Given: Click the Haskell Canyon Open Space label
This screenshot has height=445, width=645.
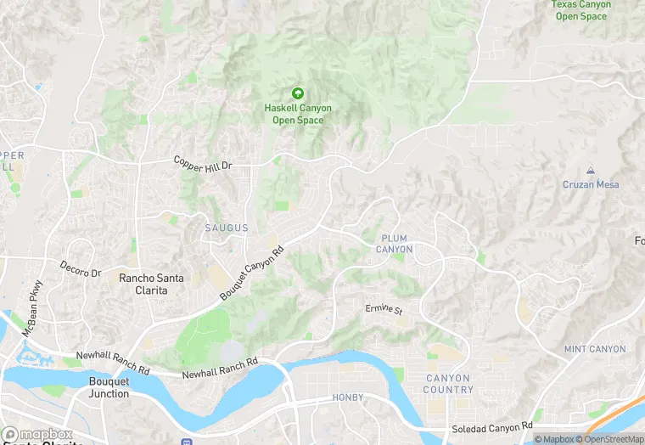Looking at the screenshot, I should pos(297,115).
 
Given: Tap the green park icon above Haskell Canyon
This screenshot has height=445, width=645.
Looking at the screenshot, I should pos(297,93).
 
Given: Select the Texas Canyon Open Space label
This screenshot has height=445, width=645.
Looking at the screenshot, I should pos(581,10).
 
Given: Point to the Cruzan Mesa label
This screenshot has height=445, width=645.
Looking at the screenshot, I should pos(591,184).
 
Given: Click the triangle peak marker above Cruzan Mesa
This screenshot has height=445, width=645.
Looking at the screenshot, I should pos(591,171).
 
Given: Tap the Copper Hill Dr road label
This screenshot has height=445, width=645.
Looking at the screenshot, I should pos(202,165).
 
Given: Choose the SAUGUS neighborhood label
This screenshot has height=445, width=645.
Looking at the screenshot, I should pos(227,228).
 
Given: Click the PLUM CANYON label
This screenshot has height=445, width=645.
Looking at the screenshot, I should pos(395,244).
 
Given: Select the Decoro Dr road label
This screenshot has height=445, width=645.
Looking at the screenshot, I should pos(81,270).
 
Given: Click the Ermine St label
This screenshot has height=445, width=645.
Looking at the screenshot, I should pos(384,310).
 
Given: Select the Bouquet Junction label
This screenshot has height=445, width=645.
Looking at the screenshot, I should pos(109,388).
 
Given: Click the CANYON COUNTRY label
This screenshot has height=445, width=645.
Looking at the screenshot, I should pos(449,384).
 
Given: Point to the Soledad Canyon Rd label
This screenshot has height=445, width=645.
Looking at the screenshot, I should pos(491,425).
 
